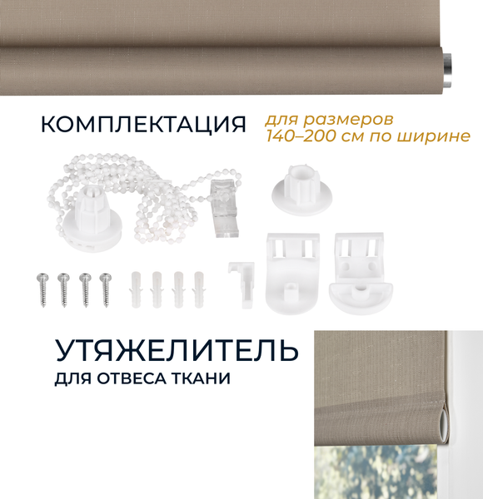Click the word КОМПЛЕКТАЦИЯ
coord(143,125)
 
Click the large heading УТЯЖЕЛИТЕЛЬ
coord(177,350)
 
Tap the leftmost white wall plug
coord(137,289)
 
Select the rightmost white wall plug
coord(198,289)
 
